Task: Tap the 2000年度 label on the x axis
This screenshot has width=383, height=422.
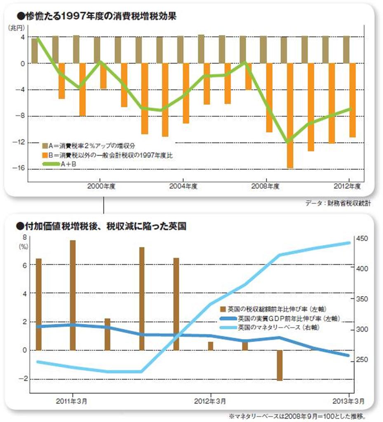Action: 101,186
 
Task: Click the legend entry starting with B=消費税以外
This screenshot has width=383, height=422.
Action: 103,155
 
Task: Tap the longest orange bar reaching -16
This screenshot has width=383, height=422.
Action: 290,115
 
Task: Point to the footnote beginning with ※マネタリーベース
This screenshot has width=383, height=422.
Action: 297,415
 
